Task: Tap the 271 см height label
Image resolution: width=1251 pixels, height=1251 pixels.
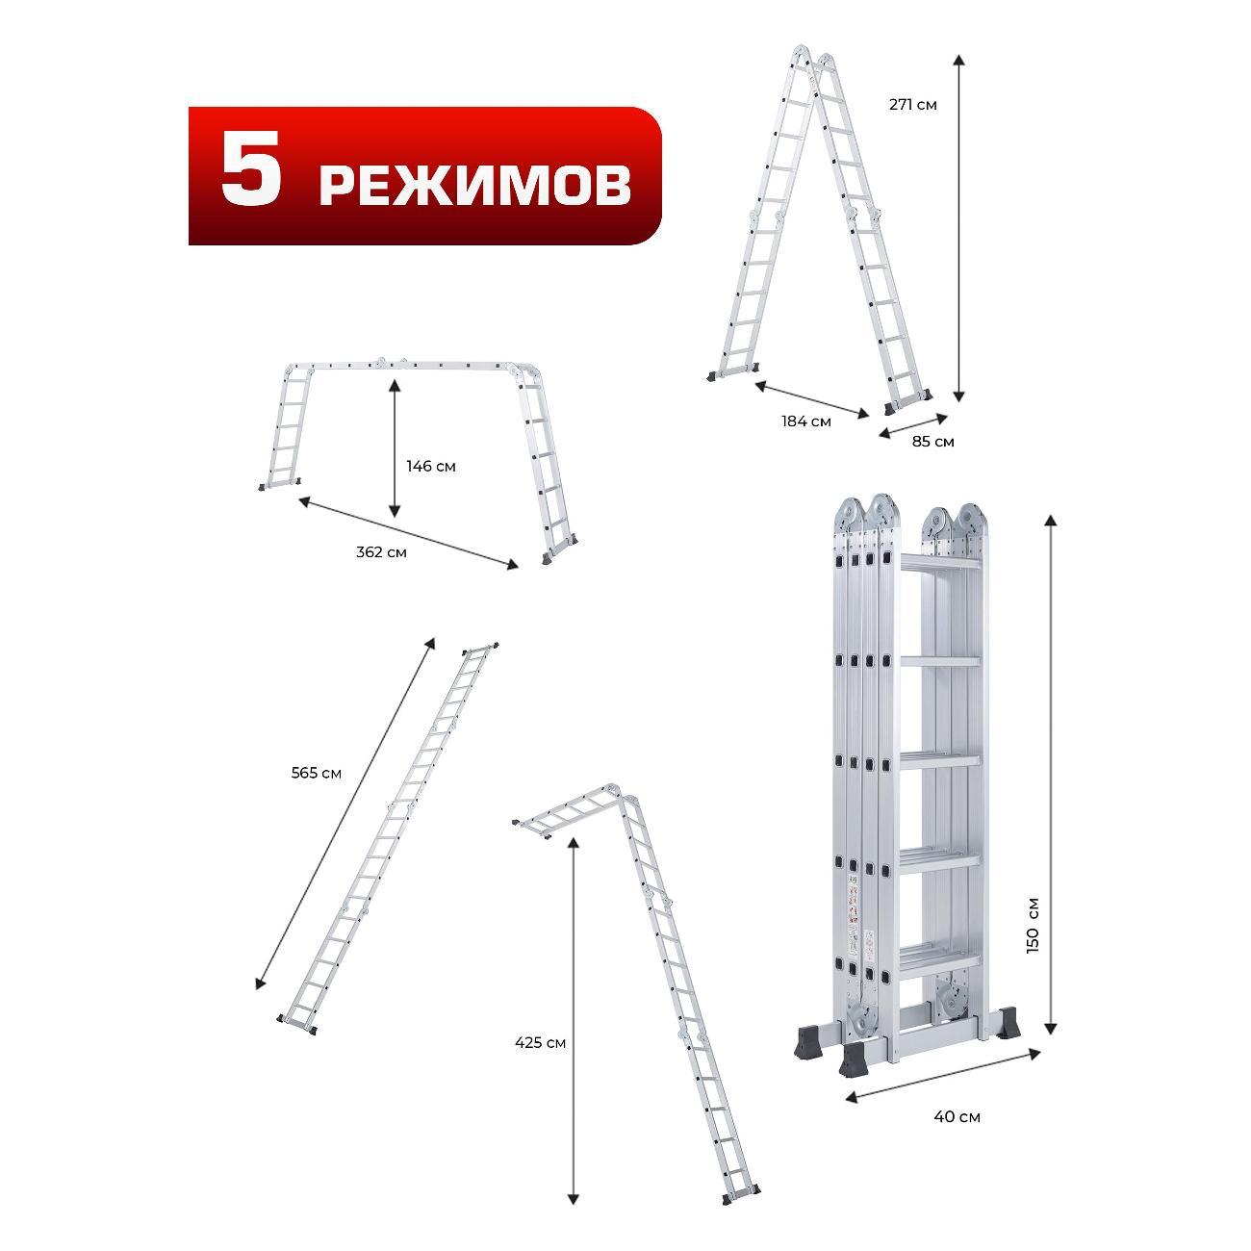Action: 912,105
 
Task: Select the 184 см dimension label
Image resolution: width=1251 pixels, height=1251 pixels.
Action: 805,421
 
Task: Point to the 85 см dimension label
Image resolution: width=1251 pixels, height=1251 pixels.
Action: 932,442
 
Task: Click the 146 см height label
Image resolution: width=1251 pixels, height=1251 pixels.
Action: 431,466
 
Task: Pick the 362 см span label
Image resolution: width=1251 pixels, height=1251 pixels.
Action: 381,552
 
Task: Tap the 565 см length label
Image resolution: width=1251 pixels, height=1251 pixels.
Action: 317,773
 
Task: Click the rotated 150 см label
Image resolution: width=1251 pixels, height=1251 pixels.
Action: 1034,925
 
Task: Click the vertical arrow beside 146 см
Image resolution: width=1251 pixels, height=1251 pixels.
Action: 394,448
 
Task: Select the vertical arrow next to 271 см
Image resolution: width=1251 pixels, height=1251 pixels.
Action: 958,228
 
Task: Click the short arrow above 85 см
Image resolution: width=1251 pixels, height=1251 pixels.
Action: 913,426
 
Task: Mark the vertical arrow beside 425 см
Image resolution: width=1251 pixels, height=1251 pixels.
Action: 573,1021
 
